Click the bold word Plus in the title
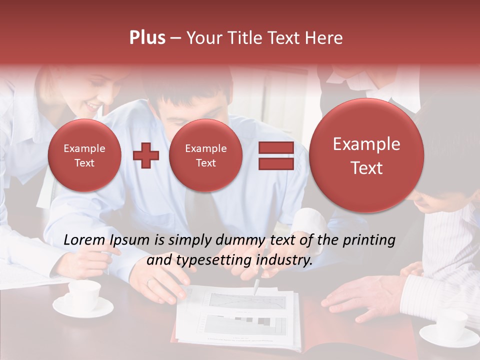click(147, 38)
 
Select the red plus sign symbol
click(146, 155)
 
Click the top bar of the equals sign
click(276, 147)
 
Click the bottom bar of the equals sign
click(276, 164)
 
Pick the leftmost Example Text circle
click(84, 155)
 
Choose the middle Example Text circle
click(205, 155)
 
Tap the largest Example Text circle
click(366, 155)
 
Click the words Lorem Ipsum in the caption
click(107, 240)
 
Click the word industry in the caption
click(284, 260)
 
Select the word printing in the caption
click(369, 240)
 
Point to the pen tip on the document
click(255, 292)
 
